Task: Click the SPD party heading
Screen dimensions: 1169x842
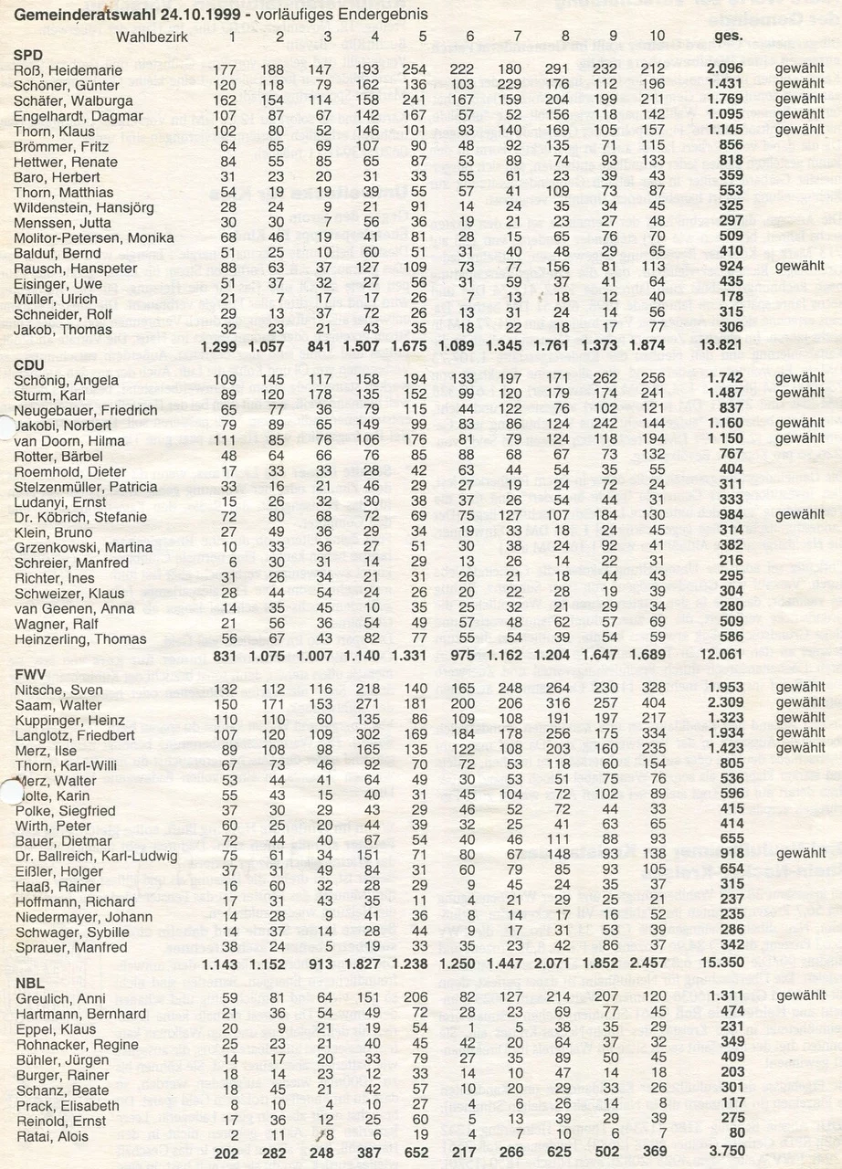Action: pos(28,55)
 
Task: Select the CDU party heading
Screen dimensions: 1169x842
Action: pos(29,363)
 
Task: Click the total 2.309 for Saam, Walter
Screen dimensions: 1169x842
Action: pos(722,704)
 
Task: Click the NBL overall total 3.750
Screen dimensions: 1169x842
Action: pos(722,1153)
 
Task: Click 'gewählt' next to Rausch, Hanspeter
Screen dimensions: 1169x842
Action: pos(800,269)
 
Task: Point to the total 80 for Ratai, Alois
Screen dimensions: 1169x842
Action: pos(730,1136)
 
